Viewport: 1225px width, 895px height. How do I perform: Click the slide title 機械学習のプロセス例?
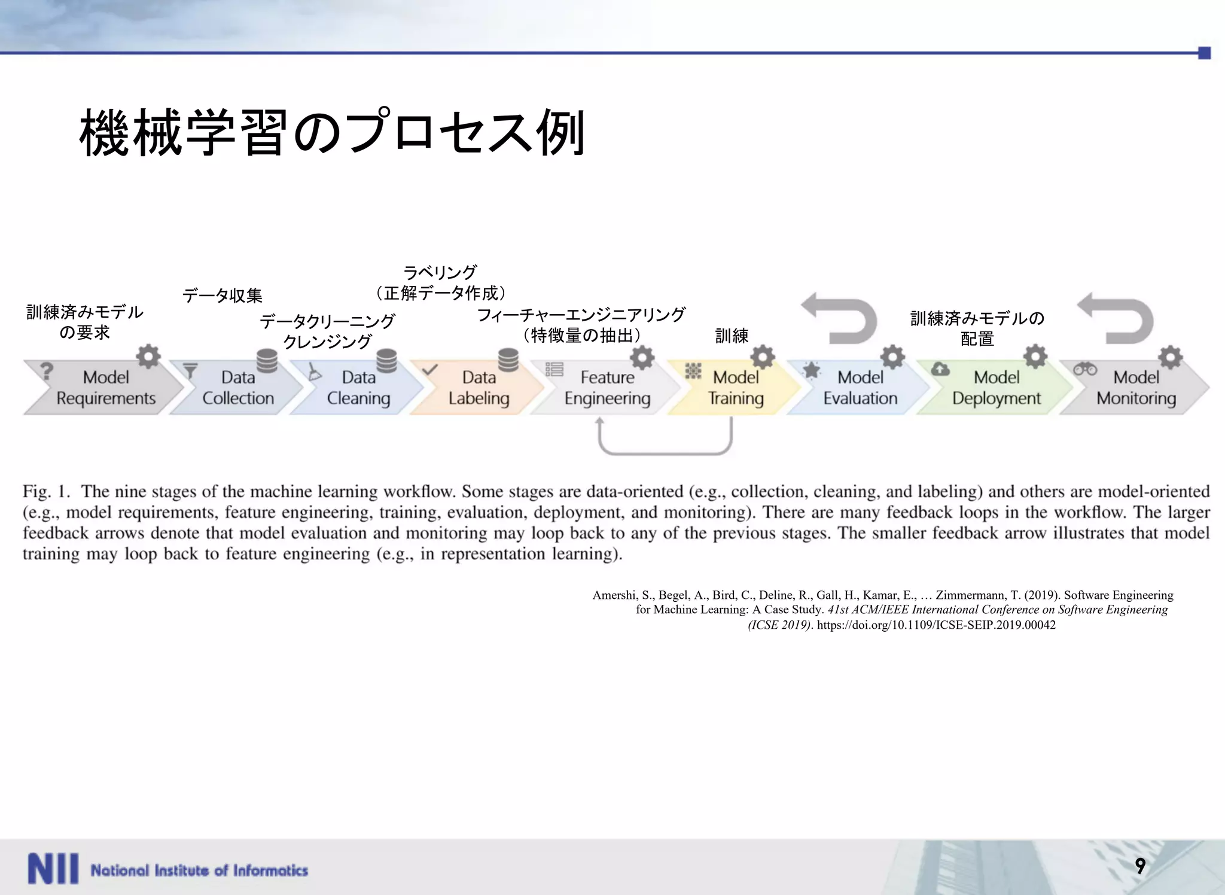click(x=332, y=133)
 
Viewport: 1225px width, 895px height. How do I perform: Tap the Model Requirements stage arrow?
click(x=105, y=388)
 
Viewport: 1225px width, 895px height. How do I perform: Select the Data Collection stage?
click(x=237, y=388)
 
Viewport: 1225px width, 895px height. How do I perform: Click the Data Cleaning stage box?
click(x=358, y=388)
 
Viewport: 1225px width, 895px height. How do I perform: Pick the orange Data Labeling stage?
click(x=479, y=388)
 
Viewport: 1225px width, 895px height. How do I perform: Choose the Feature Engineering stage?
click(x=607, y=388)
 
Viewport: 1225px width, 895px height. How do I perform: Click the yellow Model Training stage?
click(x=735, y=388)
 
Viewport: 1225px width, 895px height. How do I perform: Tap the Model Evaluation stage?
click(x=860, y=388)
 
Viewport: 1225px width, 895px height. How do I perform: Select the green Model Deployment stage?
click(x=996, y=388)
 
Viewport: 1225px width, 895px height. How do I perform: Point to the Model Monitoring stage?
click(x=1135, y=388)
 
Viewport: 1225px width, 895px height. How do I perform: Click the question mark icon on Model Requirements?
click(x=47, y=371)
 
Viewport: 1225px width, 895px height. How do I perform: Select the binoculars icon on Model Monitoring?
click(x=1084, y=369)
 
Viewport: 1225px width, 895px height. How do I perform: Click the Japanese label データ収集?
click(x=222, y=296)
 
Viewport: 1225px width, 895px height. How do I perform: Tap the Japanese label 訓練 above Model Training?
click(x=732, y=336)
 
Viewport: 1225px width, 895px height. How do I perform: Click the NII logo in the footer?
click(x=53, y=869)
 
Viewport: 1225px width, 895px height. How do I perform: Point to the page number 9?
click(x=1140, y=866)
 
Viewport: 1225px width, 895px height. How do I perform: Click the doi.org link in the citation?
click(x=935, y=625)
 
